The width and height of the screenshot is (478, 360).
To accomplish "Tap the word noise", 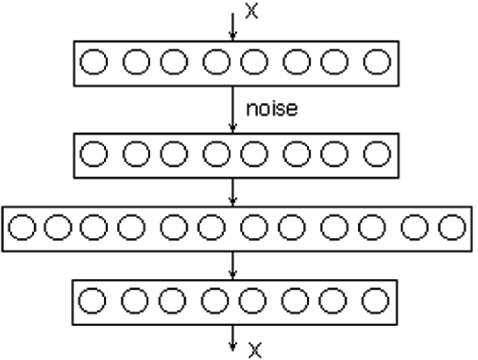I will click(271, 110).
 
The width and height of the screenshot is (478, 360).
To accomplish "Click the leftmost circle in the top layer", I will click(93, 63).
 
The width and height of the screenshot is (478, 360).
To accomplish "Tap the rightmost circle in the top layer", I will click(377, 63).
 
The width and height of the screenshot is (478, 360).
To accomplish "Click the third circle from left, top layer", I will click(173, 63).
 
